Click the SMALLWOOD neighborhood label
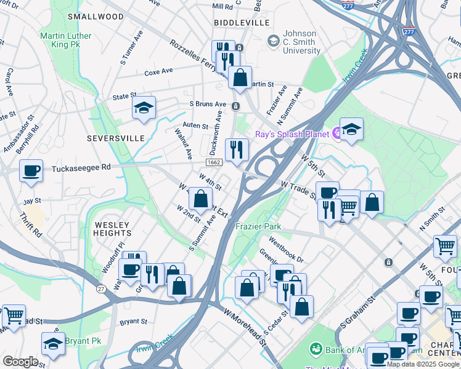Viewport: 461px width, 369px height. (96, 17)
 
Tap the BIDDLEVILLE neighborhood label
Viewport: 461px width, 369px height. (242, 23)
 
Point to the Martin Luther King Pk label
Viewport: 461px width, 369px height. (65, 40)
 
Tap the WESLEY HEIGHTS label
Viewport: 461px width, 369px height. (112, 229)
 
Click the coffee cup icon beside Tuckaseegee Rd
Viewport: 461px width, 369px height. (31, 172)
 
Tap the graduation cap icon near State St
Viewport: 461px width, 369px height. (144, 108)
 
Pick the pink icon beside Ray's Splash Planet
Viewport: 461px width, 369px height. (337, 132)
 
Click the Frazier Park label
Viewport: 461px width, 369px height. (258, 226)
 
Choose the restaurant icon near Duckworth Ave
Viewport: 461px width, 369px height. (237, 149)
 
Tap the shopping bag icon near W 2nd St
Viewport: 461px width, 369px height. (200, 199)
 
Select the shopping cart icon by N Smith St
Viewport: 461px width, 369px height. (445, 246)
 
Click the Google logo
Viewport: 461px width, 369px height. (20, 362)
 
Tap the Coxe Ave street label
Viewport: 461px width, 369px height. (158, 72)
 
